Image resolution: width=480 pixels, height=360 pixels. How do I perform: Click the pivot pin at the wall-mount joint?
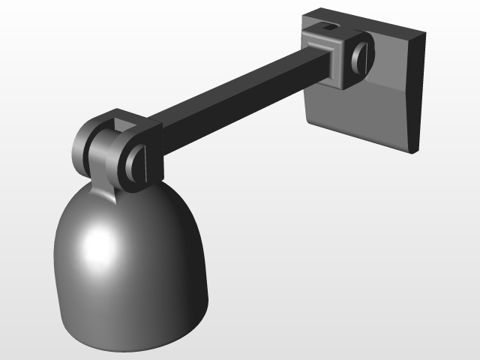tap(361, 60)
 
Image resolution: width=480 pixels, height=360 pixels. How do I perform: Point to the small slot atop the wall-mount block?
tap(328, 27)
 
